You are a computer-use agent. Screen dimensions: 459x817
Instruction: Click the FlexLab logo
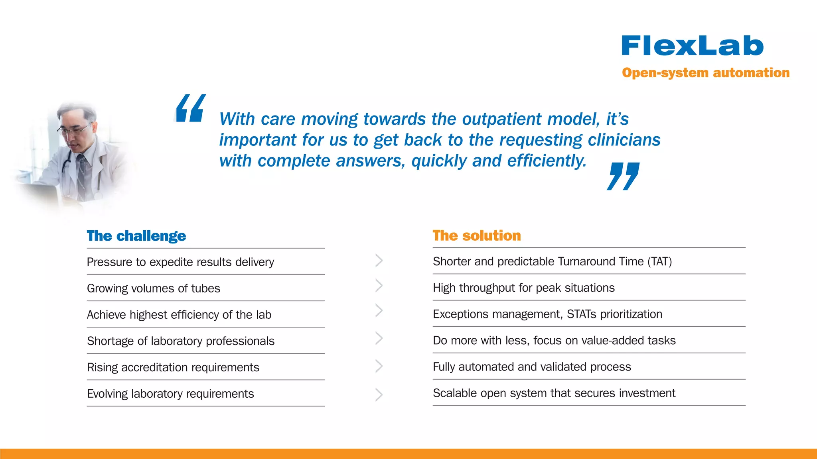click(692, 46)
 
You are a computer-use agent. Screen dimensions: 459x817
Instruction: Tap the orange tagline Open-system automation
click(705, 73)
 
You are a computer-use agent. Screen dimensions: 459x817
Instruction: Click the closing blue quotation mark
click(623, 176)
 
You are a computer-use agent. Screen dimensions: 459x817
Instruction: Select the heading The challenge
click(136, 236)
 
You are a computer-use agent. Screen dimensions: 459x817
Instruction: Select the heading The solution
click(477, 235)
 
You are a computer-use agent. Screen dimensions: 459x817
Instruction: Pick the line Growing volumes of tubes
click(154, 288)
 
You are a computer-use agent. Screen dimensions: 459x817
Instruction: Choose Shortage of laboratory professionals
click(181, 341)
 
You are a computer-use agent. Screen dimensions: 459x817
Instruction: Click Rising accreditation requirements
click(173, 367)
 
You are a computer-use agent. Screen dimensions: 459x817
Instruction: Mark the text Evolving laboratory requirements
click(170, 394)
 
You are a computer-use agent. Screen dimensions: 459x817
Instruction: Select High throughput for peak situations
click(523, 288)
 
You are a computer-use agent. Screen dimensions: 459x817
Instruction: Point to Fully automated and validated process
click(532, 367)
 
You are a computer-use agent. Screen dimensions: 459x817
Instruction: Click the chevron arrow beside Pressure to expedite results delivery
click(379, 261)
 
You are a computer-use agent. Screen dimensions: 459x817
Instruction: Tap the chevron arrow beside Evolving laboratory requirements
click(379, 394)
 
